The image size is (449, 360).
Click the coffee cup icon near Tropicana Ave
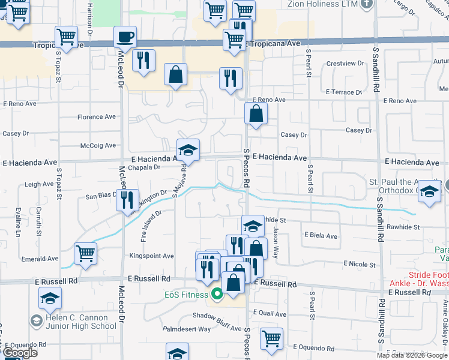[x=125, y=37]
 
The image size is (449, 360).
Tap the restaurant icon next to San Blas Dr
[x=127, y=199]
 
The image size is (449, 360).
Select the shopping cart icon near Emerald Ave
[x=86, y=253]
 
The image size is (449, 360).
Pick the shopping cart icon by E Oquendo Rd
[x=271, y=337]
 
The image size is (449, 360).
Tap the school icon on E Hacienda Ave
[x=188, y=150]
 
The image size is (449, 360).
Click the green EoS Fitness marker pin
[x=217, y=294]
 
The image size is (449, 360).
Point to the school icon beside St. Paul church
[x=430, y=192]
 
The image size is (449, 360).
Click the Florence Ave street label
[x=97, y=117]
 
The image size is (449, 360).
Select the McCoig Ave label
[x=98, y=145]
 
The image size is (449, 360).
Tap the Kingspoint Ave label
[x=152, y=256]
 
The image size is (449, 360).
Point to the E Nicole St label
[x=360, y=264]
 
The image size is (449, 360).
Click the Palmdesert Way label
[x=188, y=329]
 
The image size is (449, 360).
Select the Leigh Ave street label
[x=40, y=185]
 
